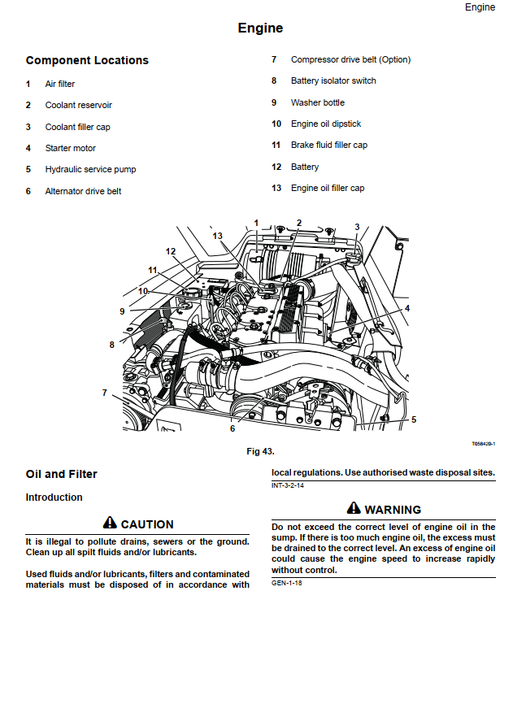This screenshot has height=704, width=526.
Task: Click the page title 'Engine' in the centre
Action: tap(260, 28)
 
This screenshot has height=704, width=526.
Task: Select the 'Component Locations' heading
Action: tap(87, 60)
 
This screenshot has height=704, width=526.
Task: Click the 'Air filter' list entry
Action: tap(60, 84)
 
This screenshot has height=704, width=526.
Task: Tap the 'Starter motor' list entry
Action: tap(70, 148)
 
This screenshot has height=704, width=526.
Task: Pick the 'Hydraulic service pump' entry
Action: tap(90, 169)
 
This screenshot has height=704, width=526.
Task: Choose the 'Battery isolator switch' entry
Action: tap(333, 80)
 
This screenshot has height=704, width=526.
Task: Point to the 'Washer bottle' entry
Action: tap(317, 102)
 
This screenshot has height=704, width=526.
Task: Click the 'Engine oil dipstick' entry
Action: tap(326, 124)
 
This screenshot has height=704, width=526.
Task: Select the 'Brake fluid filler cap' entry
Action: tap(328, 145)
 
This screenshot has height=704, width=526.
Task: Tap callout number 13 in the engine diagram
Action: tap(217, 236)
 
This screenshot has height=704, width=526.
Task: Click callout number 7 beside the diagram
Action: tap(105, 393)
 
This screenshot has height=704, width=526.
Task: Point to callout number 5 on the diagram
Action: tap(414, 419)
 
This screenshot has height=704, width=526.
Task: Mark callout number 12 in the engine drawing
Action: tap(171, 251)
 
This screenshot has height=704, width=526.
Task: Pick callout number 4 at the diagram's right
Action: tap(407, 309)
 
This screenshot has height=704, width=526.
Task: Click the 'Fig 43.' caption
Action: tap(261, 451)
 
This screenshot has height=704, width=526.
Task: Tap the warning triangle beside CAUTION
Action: tap(110, 524)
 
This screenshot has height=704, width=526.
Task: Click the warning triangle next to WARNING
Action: tap(353, 508)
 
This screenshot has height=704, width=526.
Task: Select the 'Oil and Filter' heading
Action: tap(61, 474)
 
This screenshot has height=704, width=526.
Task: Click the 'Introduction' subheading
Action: tap(54, 497)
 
